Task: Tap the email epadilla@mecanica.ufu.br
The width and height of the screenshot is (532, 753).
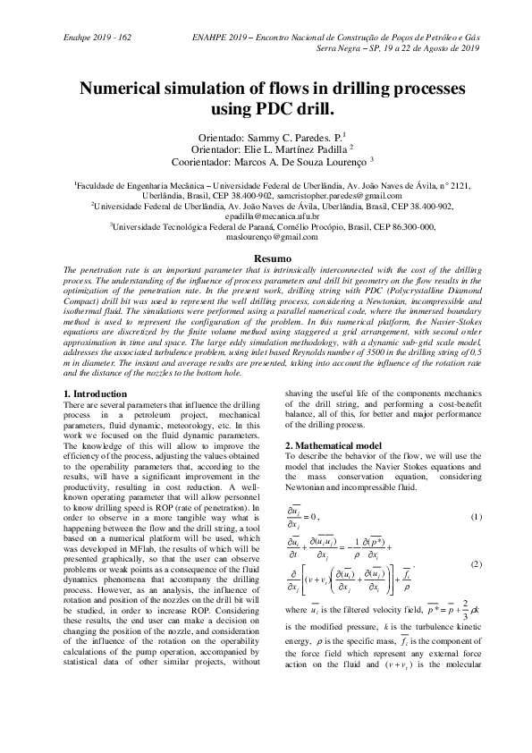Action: tap(266, 216)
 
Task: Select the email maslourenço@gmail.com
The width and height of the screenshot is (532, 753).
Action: tap(266, 238)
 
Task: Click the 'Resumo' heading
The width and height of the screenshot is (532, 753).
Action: tap(266, 258)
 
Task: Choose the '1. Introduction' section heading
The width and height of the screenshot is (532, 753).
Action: tap(97, 394)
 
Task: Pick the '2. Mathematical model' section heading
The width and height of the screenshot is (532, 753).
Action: tap(333, 445)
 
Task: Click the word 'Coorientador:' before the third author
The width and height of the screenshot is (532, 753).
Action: tap(203, 162)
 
